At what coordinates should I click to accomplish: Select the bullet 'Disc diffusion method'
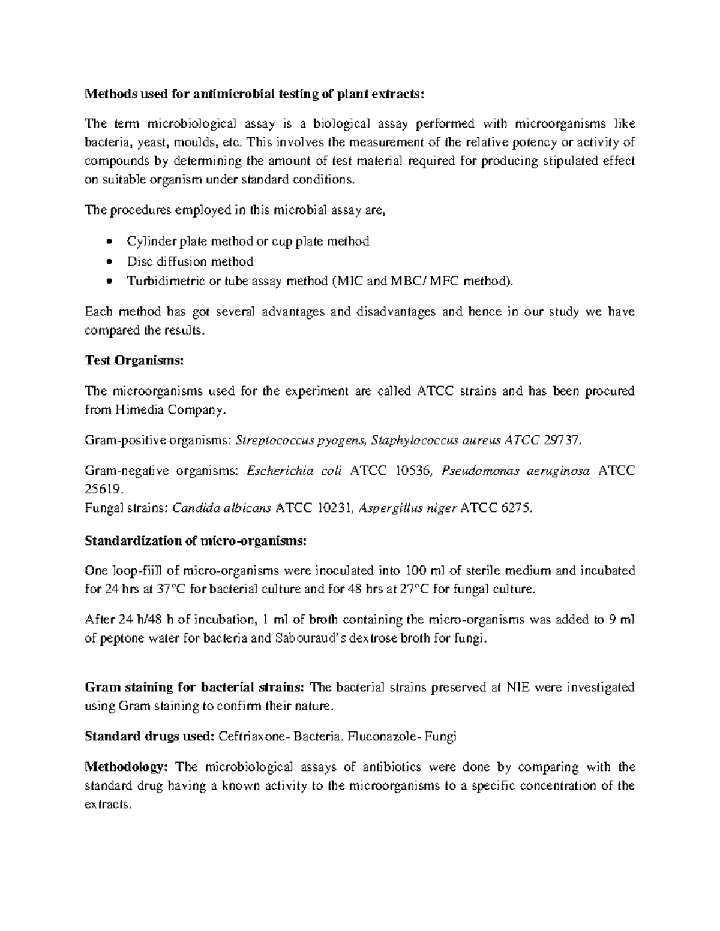190,261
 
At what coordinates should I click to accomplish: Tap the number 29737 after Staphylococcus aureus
561,441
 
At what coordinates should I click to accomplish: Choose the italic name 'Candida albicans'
221,508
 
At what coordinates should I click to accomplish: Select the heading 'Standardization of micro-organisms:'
196,541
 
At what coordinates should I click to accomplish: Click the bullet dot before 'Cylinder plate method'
108,242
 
